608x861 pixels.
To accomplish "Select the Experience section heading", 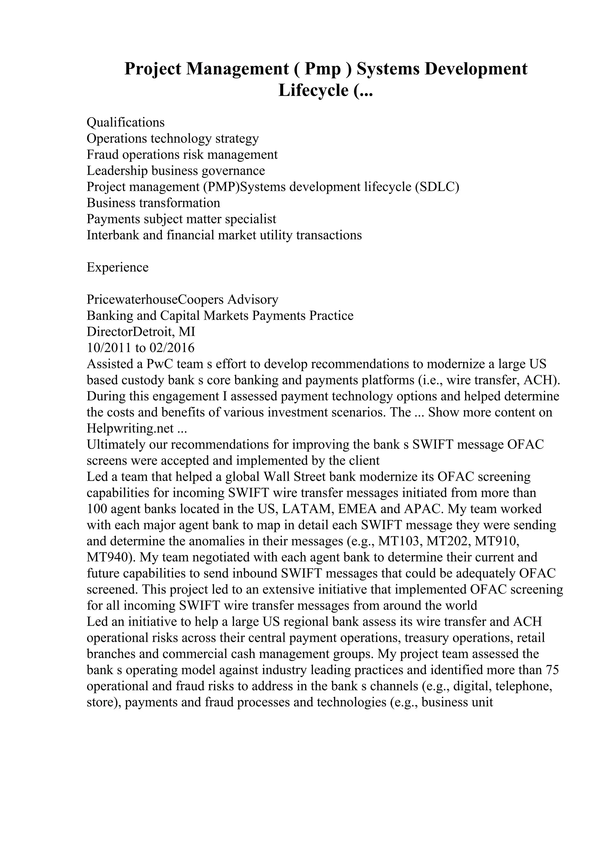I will pos(118,267).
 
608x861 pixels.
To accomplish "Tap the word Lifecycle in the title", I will pos(313,90).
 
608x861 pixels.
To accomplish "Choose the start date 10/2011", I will pos(109,348).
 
